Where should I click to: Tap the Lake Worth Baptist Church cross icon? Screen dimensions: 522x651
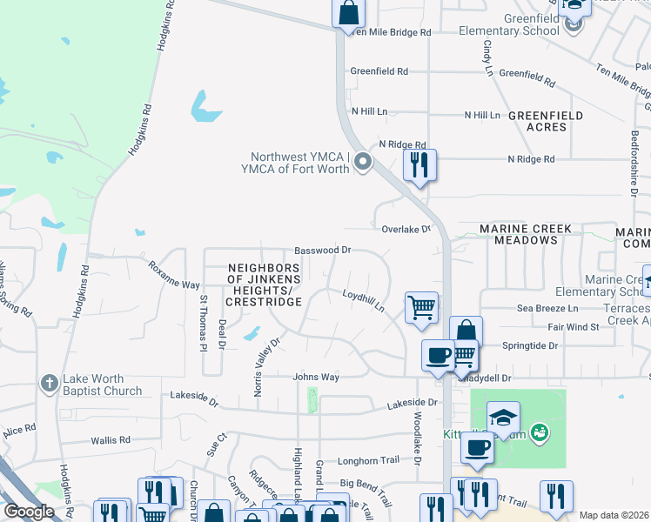tap(50, 381)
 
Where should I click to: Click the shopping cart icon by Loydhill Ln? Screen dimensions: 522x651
tap(421, 306)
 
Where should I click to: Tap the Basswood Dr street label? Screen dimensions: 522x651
tap(322, 250)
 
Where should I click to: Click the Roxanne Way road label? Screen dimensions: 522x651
tap(173, 272)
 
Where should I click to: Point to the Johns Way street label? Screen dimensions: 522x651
tap(315, 378)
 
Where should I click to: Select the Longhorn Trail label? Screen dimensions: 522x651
tap(368, 460)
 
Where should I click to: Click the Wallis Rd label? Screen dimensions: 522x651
tap(109, 441)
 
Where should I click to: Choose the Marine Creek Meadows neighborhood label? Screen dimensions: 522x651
tap(526, 235)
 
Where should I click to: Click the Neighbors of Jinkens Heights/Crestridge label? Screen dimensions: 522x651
tap(264, 284)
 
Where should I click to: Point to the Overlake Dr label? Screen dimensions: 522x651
tap(406, 229)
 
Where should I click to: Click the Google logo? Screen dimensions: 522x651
tap(29, 512)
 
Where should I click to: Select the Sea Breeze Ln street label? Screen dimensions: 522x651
tap(547, 309)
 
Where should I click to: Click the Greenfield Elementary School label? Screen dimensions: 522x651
tap(517, 25)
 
